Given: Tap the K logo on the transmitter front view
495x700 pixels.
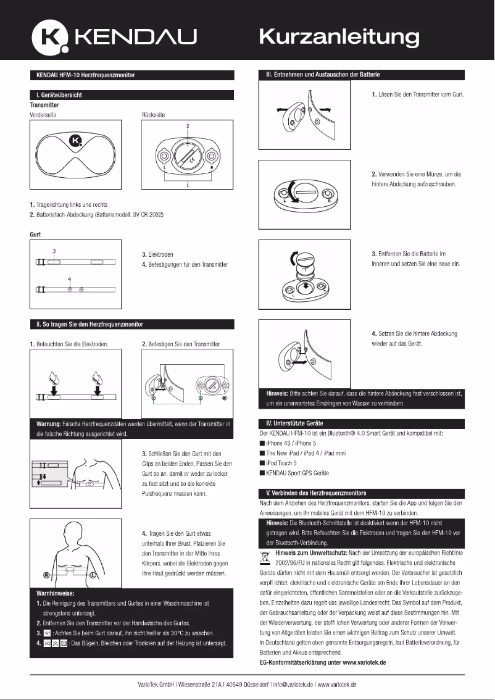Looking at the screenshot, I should pos(76,141).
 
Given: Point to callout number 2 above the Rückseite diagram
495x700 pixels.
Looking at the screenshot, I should pos(188,126).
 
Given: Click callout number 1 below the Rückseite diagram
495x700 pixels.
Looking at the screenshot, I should pos(188,185).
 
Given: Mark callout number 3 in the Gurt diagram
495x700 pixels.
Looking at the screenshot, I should pos(54,251).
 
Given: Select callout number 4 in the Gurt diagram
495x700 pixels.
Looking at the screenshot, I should pos(70,279).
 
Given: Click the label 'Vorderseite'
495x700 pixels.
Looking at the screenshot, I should pos(43,115).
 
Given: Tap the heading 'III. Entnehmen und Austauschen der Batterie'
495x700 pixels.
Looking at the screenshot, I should pos(322,75).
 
